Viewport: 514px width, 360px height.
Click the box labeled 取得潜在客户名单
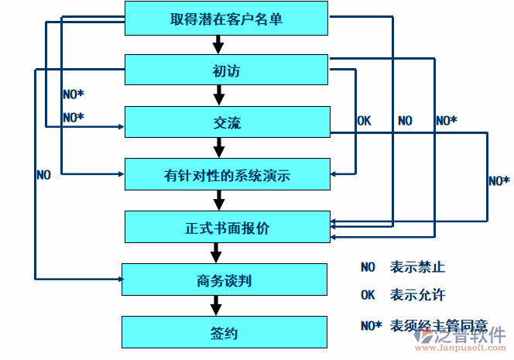(226, 19)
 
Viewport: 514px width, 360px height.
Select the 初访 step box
(226, 70)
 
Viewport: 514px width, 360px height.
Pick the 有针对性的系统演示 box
(226, 175)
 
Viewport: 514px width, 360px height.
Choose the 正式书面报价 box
(226, 228)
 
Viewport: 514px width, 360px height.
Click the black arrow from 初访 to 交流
(219, 95)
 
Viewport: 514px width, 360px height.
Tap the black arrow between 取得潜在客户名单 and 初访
(219, 44)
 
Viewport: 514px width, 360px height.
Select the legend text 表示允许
(418, 295)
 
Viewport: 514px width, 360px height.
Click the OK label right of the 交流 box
(363, 121)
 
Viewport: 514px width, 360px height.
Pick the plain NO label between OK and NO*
(405, 121)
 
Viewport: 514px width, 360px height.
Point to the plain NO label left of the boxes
(43, 175)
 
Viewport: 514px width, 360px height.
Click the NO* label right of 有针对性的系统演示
(499, 180)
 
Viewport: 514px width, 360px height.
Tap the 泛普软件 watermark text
(472, 335)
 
